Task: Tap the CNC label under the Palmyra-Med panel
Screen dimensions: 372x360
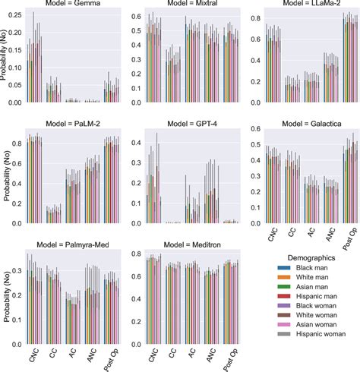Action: [34, 355]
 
